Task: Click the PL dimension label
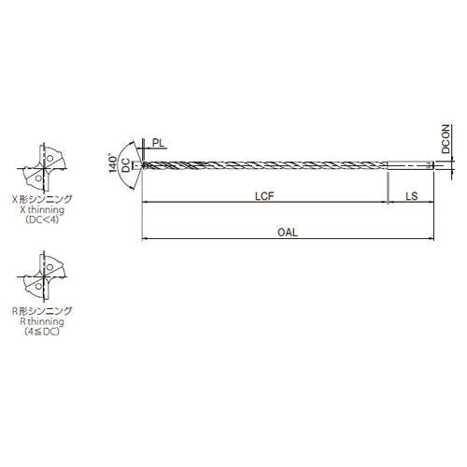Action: coord(158,143)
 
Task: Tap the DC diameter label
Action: coord(126,165)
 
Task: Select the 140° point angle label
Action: coord(113,163)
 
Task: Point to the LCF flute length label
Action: coord(264,196)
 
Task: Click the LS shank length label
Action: coord(412,196)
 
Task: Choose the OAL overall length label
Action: coord(288,233)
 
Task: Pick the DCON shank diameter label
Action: coord(446,139)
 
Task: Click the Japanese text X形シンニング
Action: coord(42,199)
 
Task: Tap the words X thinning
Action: coord(42,209)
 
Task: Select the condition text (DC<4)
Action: coord(42,220)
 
